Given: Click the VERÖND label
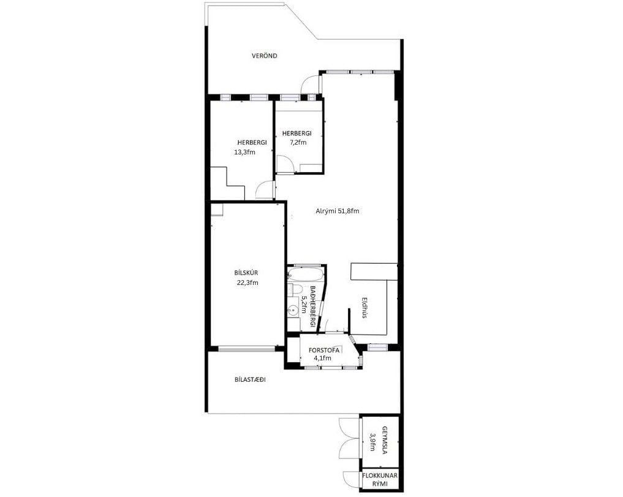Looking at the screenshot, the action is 264,56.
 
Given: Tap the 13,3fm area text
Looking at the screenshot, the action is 245,152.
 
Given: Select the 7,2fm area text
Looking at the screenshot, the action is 298,142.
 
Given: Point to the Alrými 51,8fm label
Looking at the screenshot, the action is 338,211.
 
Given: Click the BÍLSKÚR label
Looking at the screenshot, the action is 246,273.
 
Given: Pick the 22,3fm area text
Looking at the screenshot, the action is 247,283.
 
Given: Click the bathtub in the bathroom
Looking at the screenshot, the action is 306,275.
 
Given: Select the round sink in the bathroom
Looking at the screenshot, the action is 294,310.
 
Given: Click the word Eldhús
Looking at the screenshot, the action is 363,308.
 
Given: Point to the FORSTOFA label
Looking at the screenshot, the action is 324,351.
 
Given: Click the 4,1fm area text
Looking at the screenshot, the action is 322,358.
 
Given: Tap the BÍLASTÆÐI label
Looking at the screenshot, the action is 250,380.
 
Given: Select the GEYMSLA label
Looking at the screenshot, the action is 385,440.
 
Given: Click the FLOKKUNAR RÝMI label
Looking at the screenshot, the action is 380,479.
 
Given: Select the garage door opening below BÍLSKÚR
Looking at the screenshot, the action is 246,349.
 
